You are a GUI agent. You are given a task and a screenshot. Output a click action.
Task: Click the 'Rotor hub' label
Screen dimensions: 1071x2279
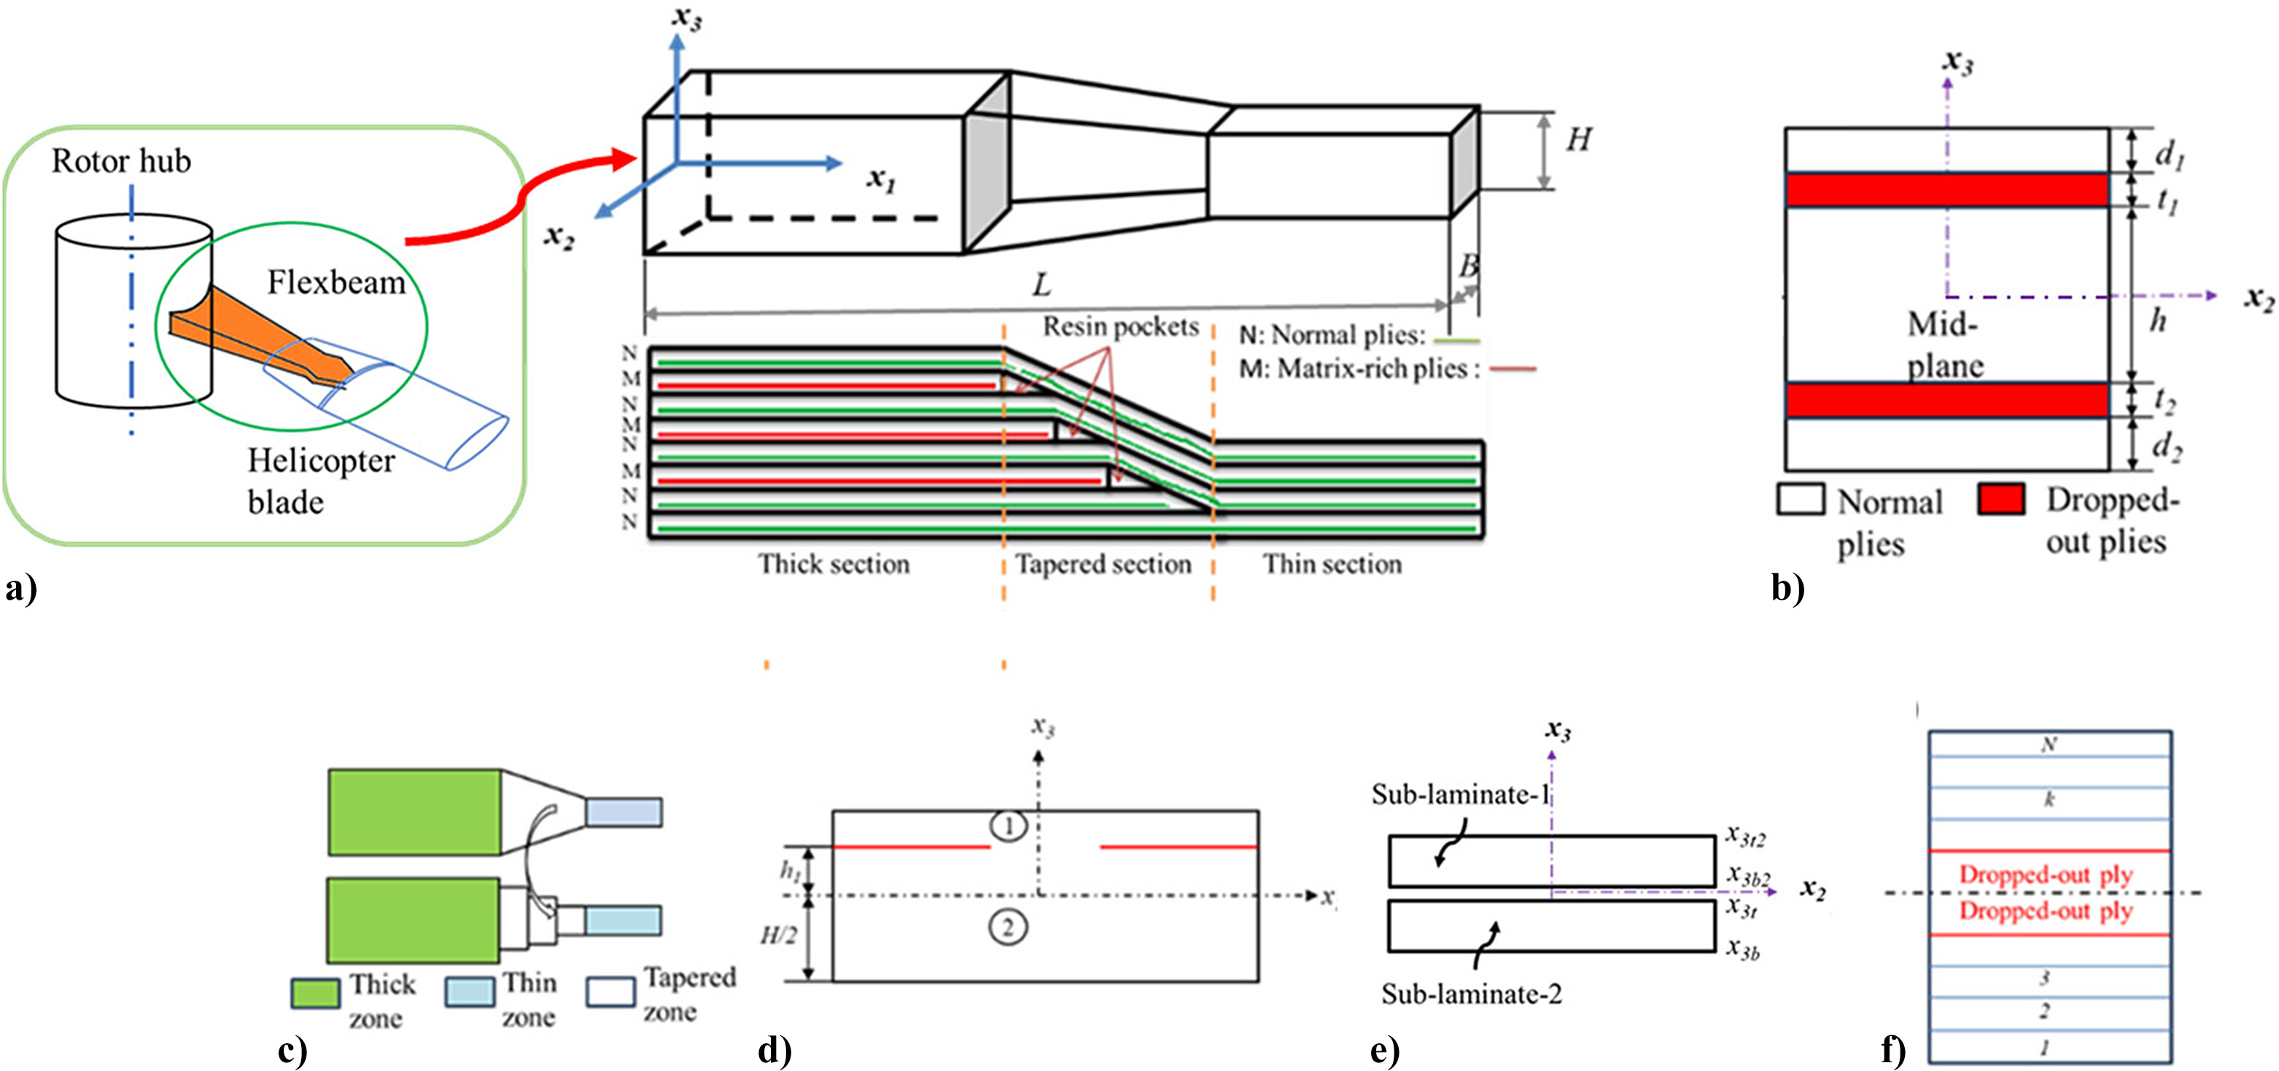[121, 161]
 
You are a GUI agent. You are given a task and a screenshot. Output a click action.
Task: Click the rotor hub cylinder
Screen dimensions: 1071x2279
[97, 319]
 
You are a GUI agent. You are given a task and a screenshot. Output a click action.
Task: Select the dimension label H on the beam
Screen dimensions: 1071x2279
[1579, 140]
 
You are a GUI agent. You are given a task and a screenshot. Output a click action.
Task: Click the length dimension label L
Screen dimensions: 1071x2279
[1042, 285]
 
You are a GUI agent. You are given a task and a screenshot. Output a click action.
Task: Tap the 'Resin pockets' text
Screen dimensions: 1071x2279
[1120, 327]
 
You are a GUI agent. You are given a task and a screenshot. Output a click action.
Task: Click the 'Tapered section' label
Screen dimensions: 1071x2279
[1103, 564]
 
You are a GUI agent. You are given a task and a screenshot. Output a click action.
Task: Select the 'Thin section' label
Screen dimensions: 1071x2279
[1332, 564]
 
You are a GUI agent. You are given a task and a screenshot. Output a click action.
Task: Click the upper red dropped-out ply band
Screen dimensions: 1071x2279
[1946, 190]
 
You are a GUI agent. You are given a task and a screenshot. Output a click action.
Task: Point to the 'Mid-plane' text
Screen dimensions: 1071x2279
[1944, 345]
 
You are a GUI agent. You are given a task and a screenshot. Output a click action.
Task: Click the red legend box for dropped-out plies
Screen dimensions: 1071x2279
[2001, 499]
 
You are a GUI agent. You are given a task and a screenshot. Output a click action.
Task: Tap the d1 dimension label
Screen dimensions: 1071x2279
[2168, 154]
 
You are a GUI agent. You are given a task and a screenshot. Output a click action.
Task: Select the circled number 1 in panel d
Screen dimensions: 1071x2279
[1007, 826]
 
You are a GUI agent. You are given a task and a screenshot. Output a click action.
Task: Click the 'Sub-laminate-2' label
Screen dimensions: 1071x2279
[1471, 994]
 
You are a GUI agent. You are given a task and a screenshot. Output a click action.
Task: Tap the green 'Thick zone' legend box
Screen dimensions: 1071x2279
[315, 993]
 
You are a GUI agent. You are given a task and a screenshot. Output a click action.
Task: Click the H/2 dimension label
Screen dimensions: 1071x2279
[779, 935]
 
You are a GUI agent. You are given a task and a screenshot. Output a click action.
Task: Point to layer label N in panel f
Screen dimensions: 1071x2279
[2048, 744]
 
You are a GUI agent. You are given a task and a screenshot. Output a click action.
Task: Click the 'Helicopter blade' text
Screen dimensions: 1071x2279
[320, 481]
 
